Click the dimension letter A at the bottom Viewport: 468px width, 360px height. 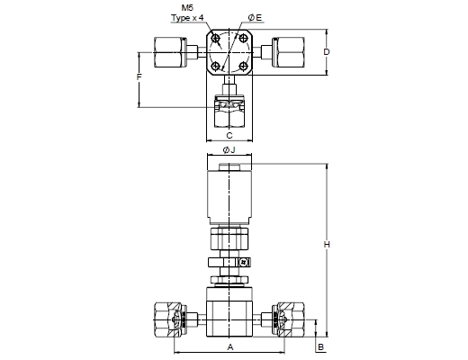(x=230, y=347)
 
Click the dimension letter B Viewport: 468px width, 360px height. (x=320, y=347)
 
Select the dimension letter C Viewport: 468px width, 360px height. (x=229, y=136)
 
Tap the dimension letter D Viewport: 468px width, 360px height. (x=327, y=52)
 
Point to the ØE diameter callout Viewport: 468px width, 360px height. (x=255, y=18)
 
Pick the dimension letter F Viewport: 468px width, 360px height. (x=139, y=77)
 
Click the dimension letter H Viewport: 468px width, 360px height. (x=327, y=245)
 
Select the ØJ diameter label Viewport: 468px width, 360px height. (x=229, y=149)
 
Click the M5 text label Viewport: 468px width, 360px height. (x=187, y=7)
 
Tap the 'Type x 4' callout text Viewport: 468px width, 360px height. (x=187, y=18)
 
